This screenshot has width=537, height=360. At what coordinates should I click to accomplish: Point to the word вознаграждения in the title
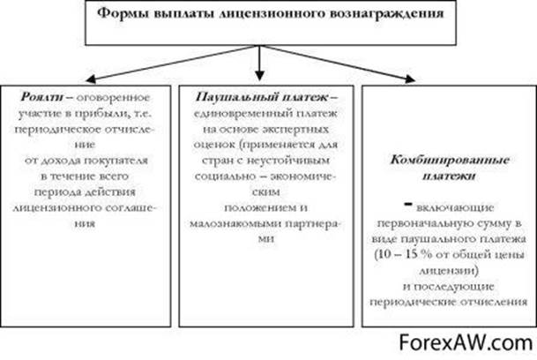click(362, 15)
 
